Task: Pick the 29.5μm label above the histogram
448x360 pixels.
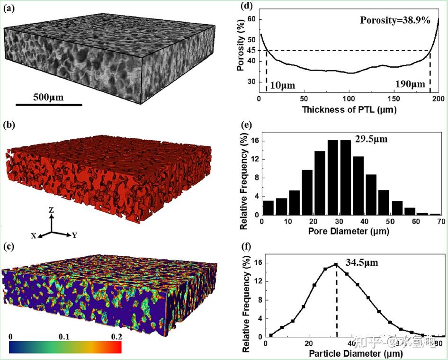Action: coord(372,139)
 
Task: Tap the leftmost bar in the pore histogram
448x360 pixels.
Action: coord(268,207)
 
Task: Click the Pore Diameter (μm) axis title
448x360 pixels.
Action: coord(349,232)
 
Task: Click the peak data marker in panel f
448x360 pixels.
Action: coord(336,265)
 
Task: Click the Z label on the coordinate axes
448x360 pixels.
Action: coord(52,210)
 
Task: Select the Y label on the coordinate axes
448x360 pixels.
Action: coord(74,235)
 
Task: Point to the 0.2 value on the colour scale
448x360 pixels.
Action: coord(116,337)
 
